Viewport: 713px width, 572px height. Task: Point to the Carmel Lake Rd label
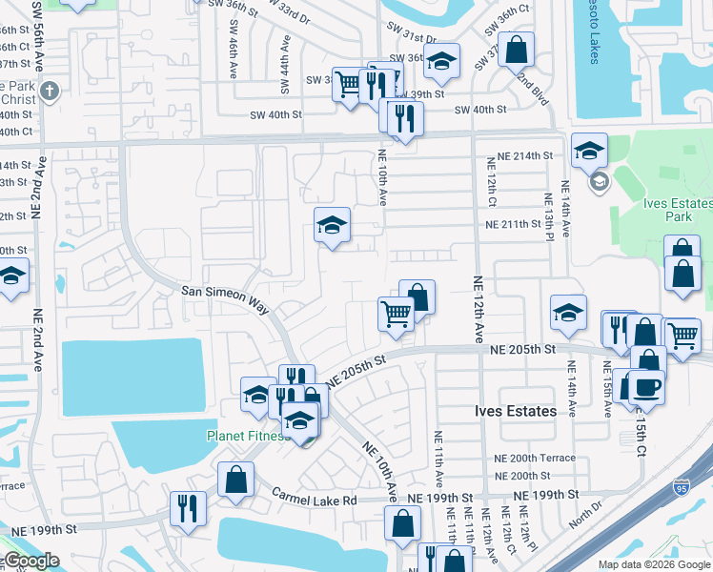(x=314, y=499)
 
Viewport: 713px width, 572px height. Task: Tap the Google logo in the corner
(x=31, y=561)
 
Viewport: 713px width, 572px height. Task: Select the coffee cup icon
(x=646, y=387)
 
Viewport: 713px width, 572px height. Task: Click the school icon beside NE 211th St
(x=332, y=225)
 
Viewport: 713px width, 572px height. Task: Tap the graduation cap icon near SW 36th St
(x=441, y=61)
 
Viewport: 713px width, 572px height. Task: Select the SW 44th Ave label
(x=284, y=65)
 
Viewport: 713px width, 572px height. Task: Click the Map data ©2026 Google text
(x=653, y=564)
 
